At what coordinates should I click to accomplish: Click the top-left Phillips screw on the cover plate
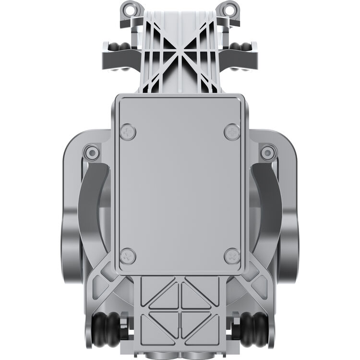(128, 132)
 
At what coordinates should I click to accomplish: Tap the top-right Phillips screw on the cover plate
(232, 132)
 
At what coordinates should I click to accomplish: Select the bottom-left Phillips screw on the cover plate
(128, 256)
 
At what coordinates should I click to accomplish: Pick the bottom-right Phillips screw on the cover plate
(232, 256)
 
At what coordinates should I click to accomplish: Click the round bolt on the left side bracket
(91, 153)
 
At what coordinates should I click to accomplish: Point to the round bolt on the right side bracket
(268, 153)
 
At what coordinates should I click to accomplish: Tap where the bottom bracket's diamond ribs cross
(180, 311)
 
